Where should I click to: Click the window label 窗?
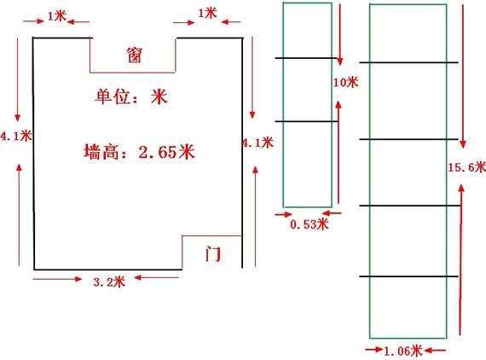(x=134, y=55)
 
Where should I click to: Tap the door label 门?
(x=213, y=254)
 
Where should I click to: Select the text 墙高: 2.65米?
(x=139, y=152)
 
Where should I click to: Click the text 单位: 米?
(x=131, y=96)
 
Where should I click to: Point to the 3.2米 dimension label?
(x=109, y=282)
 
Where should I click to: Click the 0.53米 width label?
(x=309, y=224)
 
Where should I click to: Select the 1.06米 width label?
(x=403, y=351)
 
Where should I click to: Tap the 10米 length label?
(x=345, y=82)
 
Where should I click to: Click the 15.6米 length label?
(x=466, y=167)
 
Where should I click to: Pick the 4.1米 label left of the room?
(x=16, y=136)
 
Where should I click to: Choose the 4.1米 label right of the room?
(x=257, y=142)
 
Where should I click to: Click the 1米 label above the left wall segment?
(x=57, y=16)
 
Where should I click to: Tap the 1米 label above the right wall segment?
(x=207, y=13)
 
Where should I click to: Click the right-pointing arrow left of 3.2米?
(x=57, y=279)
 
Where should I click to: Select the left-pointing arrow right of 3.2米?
(x=156, y=277)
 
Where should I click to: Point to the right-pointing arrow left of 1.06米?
(x=373, y=350)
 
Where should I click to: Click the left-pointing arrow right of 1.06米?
(x=435, y=351)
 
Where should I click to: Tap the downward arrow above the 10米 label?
(x=340, y=34)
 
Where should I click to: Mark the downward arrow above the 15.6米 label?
(x=463, y=76)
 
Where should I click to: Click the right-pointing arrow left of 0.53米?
(x=284, y=214)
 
